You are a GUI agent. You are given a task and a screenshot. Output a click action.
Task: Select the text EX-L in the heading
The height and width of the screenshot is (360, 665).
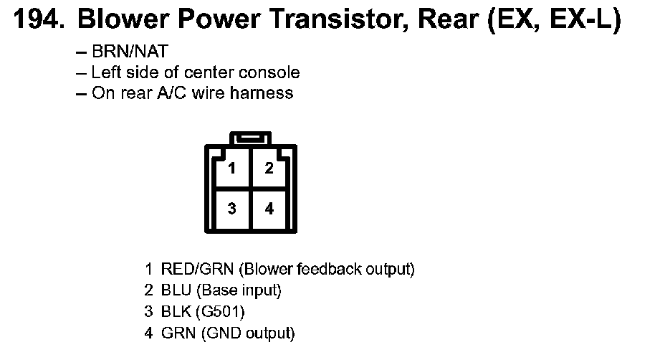tap(581, 21)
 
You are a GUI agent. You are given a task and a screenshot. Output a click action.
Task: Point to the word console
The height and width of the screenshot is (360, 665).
tap(273, 72)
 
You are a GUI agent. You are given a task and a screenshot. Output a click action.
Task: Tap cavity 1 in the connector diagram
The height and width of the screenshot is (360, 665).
tap(232, 169)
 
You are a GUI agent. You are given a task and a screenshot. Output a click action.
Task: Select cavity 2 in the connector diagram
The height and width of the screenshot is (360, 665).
tap(269, 169)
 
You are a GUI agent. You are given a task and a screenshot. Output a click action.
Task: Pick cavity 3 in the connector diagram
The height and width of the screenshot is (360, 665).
tap(232, 209)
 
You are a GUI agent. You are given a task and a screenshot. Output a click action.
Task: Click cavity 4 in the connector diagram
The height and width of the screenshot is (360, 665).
tap(269, 209)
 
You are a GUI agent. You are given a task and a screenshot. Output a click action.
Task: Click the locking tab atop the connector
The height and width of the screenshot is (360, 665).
tap(250, 138)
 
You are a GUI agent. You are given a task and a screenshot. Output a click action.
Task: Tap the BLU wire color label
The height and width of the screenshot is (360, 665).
tap(176, 291)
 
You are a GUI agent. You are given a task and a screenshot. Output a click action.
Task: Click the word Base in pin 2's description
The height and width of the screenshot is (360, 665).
tap(214, 291)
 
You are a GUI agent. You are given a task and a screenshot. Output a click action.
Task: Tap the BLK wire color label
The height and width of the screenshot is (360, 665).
tap(176, 312)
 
